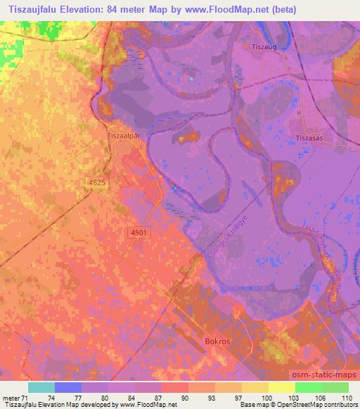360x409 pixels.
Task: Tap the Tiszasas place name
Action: (308, 139)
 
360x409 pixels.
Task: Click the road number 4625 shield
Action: (97, 182)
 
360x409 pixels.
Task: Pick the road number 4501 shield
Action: (139, 233)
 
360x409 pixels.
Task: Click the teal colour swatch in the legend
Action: (41, 387)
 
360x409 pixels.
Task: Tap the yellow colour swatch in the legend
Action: (282, 387)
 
